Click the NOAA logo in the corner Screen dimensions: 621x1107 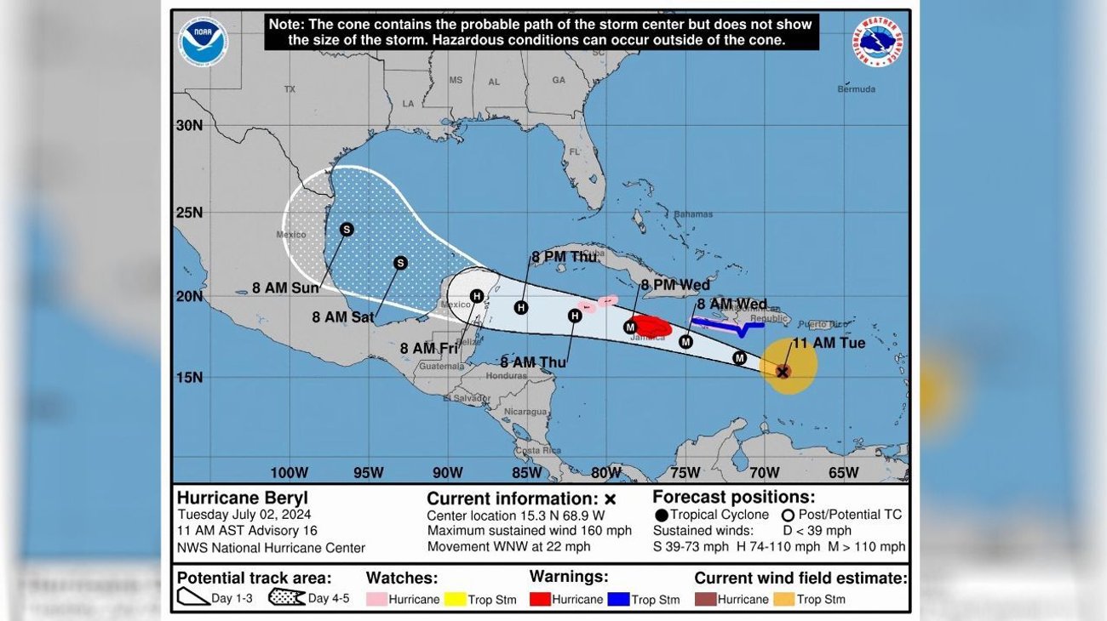pos(203,42)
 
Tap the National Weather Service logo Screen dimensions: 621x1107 pos(877,42)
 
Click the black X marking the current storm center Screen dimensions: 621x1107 pos(783,372)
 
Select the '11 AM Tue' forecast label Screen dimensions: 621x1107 pos(828,344)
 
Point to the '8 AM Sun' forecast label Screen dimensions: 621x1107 pos(285,288)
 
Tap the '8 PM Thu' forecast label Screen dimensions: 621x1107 pos(564,257)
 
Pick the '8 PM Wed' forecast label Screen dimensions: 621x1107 pos(675,285)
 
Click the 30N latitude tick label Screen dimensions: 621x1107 pos(189,125)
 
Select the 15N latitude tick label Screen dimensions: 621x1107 pos(189,377)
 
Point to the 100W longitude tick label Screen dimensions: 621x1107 pos(289,473)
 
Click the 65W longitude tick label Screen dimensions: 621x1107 pos(843,473)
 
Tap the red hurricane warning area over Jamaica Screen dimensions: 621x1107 pos(652,326)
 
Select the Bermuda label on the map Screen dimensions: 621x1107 pos(856,89)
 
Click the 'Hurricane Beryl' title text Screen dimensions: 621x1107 pos(242,499)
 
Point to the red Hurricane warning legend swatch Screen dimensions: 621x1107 pos(539,599)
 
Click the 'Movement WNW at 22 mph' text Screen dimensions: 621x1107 pos(508,547)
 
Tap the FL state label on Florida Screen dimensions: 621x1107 pos(574,151)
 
